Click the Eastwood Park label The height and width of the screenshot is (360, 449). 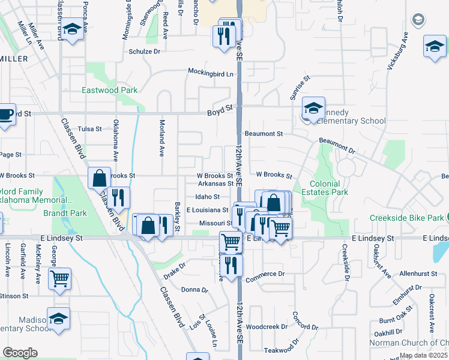[x=110, y=91]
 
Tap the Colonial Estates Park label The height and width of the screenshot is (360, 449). [x=329, y=188]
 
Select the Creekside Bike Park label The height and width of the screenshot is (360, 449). [x=409, y=217]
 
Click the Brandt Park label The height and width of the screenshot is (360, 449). [x=65, y=213]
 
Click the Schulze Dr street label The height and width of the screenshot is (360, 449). [x=145, y=52]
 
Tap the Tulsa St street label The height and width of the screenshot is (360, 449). [x=90, y=129]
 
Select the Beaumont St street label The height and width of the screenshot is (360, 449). [x=264, y=134]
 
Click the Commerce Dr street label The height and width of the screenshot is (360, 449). [x=264, y=274]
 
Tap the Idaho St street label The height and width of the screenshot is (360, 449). [x=208, y=196]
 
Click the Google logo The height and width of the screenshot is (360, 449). [x=20, y=353]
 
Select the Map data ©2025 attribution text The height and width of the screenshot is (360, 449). [x=423, y=355]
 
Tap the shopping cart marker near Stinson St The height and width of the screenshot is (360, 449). [x=59, y=278]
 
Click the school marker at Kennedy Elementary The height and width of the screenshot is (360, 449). [x=313, y=108]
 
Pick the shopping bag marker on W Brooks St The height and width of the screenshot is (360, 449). [x=100, y=178]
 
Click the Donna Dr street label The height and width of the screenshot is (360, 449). [x=194, y=290]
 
